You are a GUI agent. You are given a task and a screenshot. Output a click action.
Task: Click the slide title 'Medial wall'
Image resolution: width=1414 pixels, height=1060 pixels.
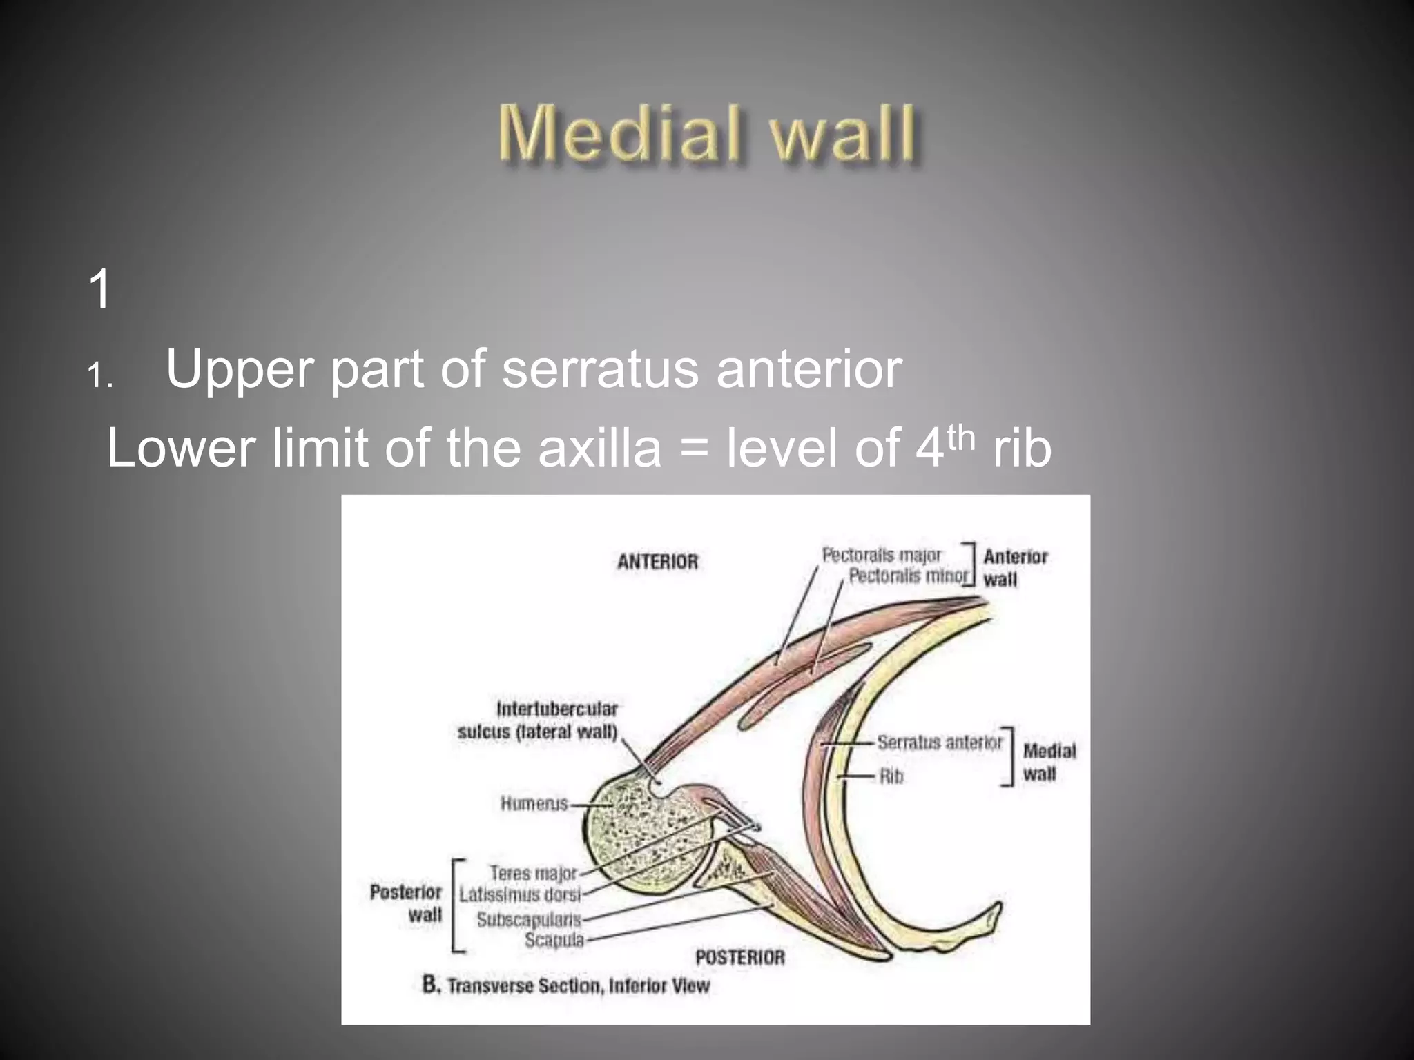point(707,133)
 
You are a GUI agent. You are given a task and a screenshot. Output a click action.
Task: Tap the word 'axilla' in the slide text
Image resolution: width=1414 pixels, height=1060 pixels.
point(599,448)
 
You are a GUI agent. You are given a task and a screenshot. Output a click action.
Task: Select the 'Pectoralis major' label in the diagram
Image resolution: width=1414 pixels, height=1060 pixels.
point(881,555)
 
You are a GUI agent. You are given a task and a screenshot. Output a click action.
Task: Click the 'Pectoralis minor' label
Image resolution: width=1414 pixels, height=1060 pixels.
point(908,576)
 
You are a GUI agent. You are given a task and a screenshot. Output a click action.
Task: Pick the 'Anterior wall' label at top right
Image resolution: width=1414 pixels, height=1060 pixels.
point(1014,567)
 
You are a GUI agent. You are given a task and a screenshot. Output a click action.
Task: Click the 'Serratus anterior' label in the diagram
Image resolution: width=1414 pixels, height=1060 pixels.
point(939,743)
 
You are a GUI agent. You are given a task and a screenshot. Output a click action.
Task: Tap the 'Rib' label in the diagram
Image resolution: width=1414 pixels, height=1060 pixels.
point(891,776)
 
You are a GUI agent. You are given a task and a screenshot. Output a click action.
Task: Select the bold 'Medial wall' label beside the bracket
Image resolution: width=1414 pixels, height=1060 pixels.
point(1049,762)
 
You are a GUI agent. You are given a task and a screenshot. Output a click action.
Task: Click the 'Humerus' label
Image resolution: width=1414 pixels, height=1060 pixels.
point(534,803)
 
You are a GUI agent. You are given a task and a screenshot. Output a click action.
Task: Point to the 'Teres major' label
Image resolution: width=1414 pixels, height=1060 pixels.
point(532,873)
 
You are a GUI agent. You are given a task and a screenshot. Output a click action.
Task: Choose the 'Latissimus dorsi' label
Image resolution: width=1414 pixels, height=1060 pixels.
point(519,895)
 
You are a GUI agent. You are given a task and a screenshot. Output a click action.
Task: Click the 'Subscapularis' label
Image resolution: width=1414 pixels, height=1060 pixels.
point(529,920)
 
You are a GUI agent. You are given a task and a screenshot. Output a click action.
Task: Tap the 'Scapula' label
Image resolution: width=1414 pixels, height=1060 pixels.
point(554,940)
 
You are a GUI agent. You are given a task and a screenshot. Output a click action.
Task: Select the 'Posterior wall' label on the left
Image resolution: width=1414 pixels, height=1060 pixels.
point(407,903)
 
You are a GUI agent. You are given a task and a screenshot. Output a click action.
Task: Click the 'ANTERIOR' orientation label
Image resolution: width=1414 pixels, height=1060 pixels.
point(657,562)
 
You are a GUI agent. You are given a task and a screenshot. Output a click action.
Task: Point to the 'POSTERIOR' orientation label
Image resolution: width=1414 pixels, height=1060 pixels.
point(739,957)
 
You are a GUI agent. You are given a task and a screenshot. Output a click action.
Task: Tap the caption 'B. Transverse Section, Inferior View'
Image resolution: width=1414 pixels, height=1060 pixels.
point(565,985)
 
